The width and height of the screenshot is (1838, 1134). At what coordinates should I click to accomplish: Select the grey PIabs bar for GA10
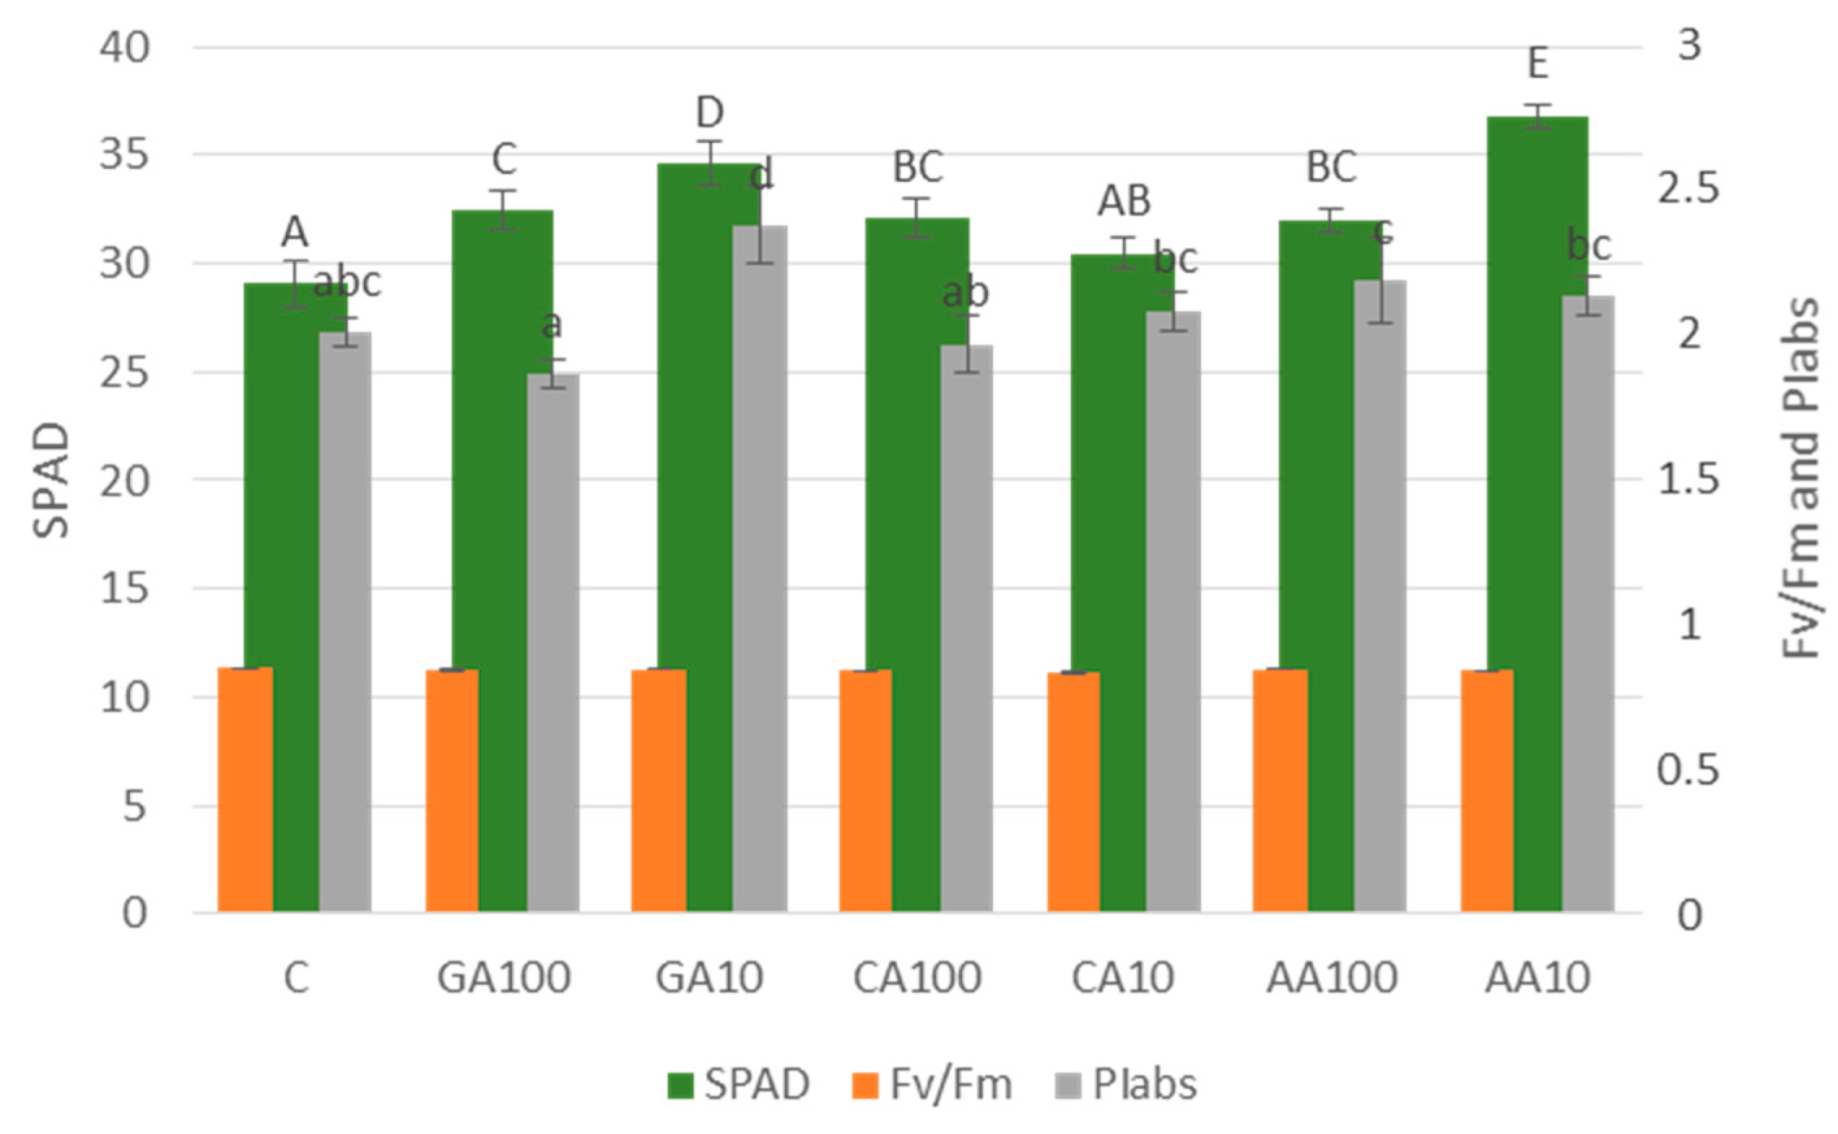(760, 570)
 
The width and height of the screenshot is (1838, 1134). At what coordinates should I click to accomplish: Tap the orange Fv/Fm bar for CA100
(865, 791)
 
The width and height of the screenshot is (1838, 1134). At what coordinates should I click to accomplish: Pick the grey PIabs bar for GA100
(553, 645)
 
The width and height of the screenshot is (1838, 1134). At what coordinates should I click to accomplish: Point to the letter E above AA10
(1538, 64)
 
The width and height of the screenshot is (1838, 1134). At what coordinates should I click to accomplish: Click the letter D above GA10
(710, 113)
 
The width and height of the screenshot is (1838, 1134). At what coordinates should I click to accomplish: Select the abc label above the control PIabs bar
(347, 283)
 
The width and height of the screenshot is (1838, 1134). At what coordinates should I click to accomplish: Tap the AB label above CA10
(1124, 201)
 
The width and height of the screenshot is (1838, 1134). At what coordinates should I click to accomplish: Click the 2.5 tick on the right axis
(1688, 189)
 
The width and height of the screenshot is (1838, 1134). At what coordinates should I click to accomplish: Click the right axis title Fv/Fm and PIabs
(1801, 480)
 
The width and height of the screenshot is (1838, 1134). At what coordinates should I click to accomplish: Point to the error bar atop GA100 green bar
(503, 210)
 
